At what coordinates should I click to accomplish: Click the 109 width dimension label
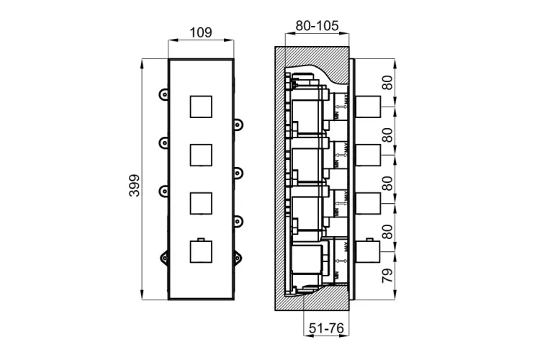pyautogui.click(x=201, y=32)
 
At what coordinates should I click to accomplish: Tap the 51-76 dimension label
pyautogui.click(x=324, y=329)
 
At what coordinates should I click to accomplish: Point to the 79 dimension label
pyautogui.click(x=387, y=275)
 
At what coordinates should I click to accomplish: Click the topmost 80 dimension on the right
pyautogui.click(x=387, y=83)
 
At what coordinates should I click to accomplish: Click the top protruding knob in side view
pyautogui.click(x=368, y=107)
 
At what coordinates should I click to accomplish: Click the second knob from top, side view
pyautogui.click(x=368, y=156)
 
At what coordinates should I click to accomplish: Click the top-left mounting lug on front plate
pyautogui.click(x=164, y=94)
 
